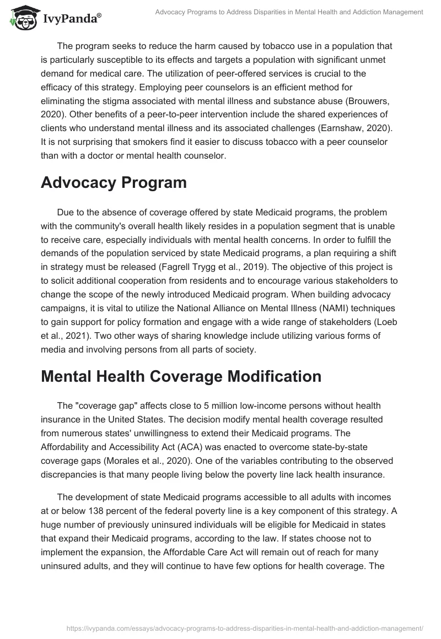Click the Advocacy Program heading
click(x=114, y=183)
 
